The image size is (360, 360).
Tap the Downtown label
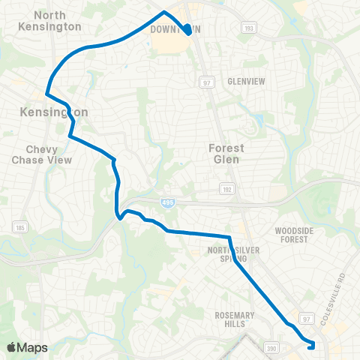172,29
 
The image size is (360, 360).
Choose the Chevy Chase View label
42,154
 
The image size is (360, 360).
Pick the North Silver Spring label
238,253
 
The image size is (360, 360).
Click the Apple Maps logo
26,347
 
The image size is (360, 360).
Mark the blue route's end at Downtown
186,33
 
